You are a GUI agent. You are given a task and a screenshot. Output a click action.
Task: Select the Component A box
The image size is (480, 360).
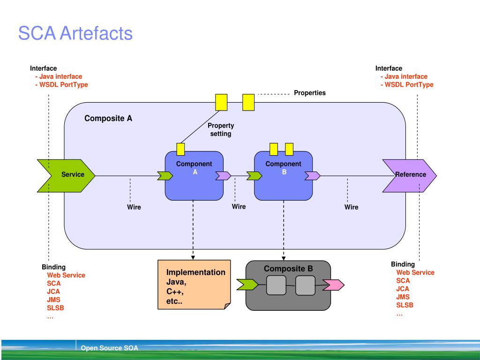194,176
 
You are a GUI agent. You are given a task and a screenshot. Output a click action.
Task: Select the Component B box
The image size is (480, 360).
284,176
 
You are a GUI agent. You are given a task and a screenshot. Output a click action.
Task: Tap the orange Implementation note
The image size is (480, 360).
194,285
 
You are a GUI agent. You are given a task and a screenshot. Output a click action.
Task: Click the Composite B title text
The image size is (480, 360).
288,269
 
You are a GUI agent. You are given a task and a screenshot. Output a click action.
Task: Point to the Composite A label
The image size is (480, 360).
108,119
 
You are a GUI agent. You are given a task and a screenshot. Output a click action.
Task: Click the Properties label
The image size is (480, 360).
310,93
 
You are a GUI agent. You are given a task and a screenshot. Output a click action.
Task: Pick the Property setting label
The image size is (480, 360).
221,129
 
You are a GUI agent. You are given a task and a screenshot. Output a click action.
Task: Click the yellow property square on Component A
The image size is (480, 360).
180,149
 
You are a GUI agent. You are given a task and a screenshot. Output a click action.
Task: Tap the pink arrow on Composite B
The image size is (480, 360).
333,285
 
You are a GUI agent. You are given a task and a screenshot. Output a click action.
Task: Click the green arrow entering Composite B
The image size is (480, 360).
247,285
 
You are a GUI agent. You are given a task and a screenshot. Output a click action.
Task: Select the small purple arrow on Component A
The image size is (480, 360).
223,176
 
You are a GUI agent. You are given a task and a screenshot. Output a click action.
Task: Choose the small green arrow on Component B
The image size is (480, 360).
254,176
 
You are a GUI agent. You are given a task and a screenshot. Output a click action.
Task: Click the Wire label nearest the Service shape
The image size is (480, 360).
134,207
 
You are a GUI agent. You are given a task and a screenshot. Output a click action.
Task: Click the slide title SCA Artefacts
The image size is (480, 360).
75,33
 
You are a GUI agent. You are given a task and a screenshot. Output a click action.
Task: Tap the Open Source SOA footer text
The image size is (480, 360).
109,348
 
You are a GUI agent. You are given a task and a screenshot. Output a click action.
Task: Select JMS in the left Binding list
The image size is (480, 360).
53,300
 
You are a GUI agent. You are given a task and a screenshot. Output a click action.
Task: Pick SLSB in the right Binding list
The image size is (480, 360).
405,305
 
